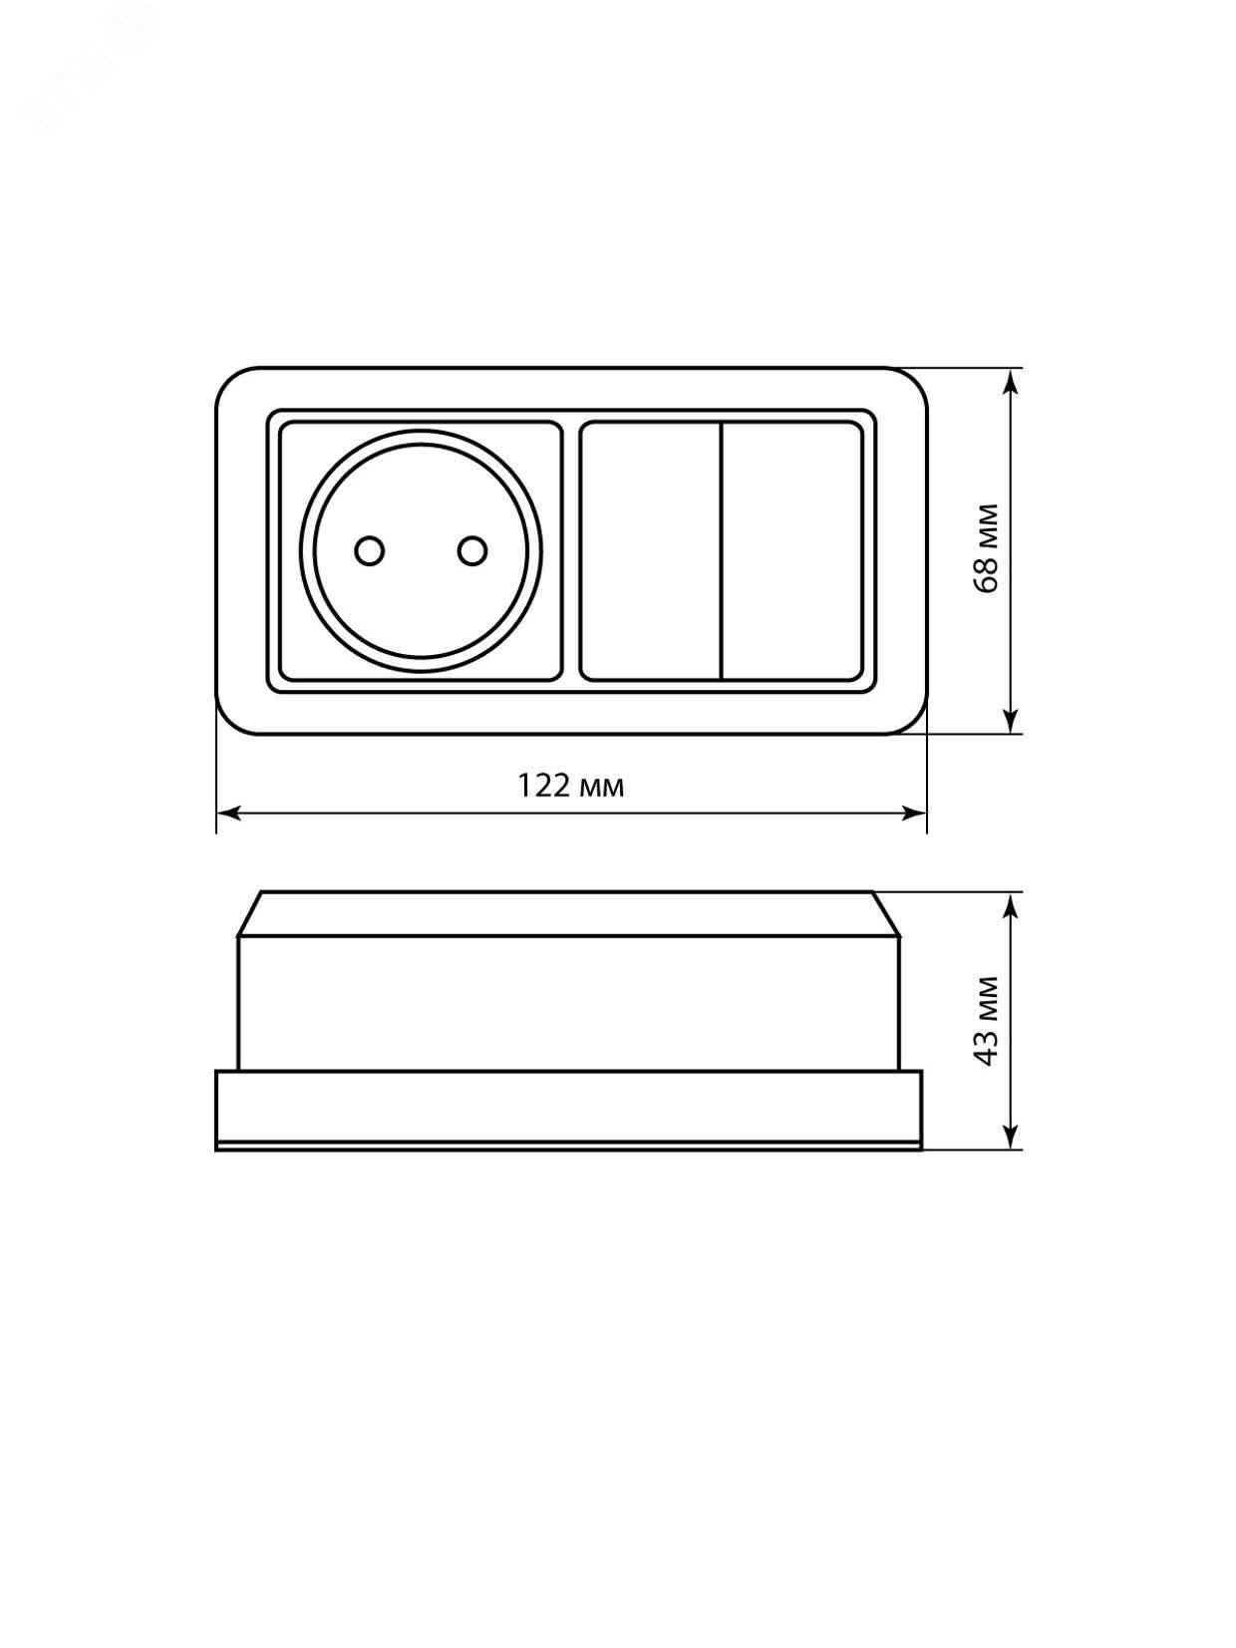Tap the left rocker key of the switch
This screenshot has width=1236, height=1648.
point(650,552)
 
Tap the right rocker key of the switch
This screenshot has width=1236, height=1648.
point(792,552)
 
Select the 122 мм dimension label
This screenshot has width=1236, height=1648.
point(571,786)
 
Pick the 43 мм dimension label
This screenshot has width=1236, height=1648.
point(988,1020)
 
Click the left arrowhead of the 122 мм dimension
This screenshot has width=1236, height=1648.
point(228,813)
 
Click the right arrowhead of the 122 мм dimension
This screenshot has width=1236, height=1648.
point(914,813)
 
